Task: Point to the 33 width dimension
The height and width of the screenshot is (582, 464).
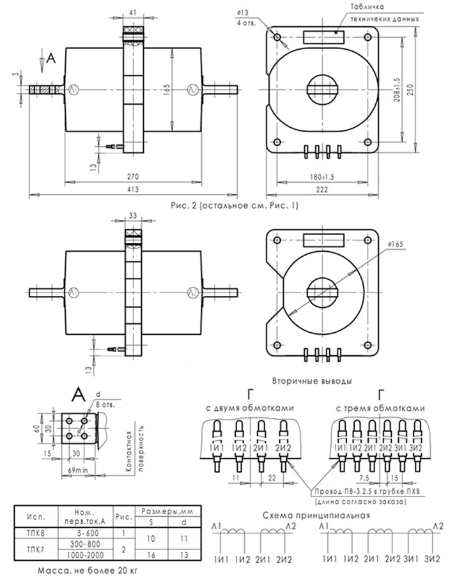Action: [x=133, y=216]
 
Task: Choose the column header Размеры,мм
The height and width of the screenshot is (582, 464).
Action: [x=167, y=512]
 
